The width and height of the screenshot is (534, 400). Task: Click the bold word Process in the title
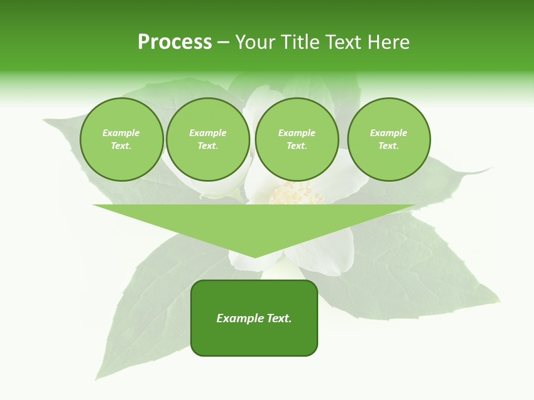coord(175,42)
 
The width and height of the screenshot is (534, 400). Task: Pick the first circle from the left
coord(121,139)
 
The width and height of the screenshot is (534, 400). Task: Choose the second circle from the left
coord(207,139)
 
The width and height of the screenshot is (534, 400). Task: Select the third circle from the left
coord(296,139)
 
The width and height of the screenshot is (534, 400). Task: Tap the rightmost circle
coord(388,139)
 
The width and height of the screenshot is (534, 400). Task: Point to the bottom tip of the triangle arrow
coord(255,257)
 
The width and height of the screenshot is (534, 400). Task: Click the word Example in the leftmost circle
coord(121,133)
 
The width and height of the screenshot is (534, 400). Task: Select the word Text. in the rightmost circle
coord(388,146)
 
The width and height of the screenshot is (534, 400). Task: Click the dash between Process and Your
coord(223,42)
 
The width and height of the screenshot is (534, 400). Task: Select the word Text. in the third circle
coord(296,146)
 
